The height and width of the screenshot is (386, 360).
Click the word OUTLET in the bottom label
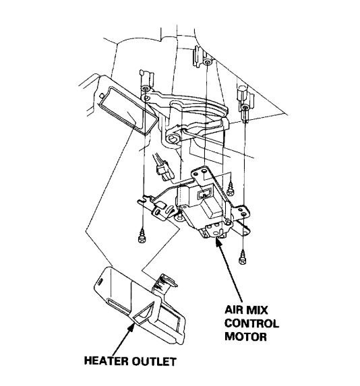coord(154,361)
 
